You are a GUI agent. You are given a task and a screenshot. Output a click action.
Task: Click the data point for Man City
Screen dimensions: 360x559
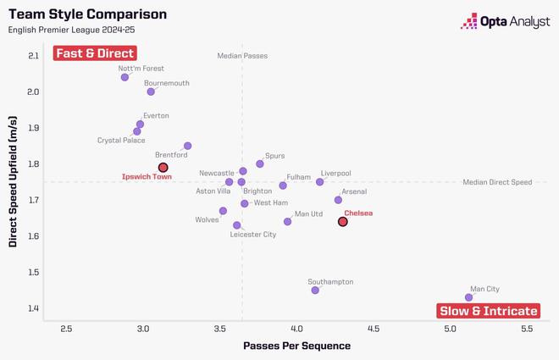[x=468, y=297]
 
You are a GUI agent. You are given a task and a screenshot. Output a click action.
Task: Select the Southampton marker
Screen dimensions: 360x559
[x=315, y=291]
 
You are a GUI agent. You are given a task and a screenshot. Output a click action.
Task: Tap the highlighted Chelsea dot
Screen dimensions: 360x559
[x=343, y=222]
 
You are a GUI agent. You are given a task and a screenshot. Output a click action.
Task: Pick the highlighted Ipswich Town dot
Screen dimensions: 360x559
[x=163, y=168]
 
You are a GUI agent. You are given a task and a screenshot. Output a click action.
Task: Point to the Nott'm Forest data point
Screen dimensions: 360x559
[x=125, y=77]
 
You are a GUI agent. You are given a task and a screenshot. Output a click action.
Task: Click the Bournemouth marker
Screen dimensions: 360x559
[x=151, y=91]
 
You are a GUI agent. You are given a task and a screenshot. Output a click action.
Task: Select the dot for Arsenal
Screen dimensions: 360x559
[x=338, y=200]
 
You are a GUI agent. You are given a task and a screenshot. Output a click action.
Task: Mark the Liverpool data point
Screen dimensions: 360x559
[x=319, y=182]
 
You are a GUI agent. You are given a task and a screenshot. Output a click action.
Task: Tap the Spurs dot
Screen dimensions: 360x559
[x=260, y=164]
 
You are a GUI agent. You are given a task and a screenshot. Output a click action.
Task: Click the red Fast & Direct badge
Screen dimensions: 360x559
[x=94, y=53]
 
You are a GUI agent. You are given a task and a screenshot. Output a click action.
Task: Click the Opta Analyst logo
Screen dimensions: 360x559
[x=505, y=21]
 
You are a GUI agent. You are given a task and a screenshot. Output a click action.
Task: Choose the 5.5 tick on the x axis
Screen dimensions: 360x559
[x=527, y=328]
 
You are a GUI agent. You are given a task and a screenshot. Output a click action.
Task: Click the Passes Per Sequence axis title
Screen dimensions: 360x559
[x=296, y=346]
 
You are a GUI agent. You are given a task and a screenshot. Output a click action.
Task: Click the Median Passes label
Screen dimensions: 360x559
[x=242, y=56]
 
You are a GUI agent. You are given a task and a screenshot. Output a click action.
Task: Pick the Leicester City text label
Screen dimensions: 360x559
[x=253, y=235]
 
